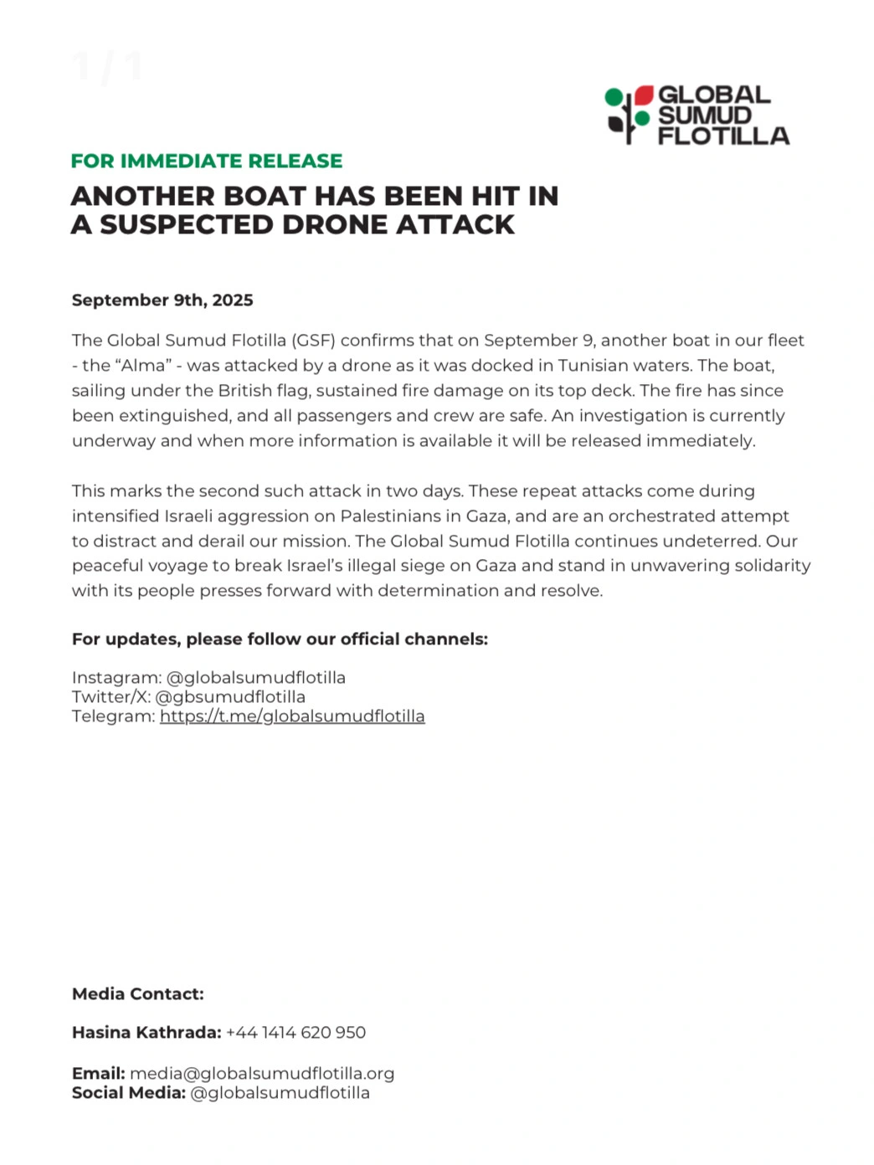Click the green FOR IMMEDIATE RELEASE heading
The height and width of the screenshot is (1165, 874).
click(x=207, y=161)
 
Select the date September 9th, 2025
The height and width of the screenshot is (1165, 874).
click(x=162, y=300)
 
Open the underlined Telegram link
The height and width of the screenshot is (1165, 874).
click(x=292, y=716)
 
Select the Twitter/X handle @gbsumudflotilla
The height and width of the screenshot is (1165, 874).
click(x=230, y=697)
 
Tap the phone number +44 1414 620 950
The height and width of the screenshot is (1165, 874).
click(x=296, y=1033)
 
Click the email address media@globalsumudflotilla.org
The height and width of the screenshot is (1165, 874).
click(x=262, y=1074)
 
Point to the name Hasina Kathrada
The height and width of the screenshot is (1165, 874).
click(x=147, y=1033)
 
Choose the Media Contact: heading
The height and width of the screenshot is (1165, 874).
click(x=138, y=994)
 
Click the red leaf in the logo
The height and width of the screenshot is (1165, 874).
click(x=643, y=95)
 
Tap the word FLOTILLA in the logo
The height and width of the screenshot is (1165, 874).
click(x=723, y=136)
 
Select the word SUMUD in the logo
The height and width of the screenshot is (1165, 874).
click(x=704, y=115)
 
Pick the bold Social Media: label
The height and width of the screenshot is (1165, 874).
click(x=129, y=1093)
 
